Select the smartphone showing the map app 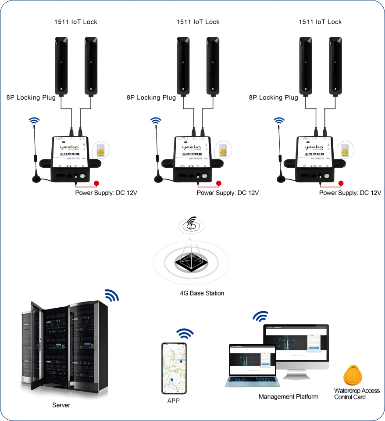tap(174, 368)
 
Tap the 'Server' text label tap(61, 405)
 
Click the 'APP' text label tap(174, 401)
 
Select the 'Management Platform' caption tap(289, 397)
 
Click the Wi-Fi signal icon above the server tap(111, 295)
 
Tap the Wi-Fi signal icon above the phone tap(185, 333)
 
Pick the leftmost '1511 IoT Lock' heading tap(75, 22)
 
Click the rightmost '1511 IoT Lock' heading tap(320, 22)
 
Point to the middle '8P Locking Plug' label tap(151, 98)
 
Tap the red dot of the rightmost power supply tap(341, 184)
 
